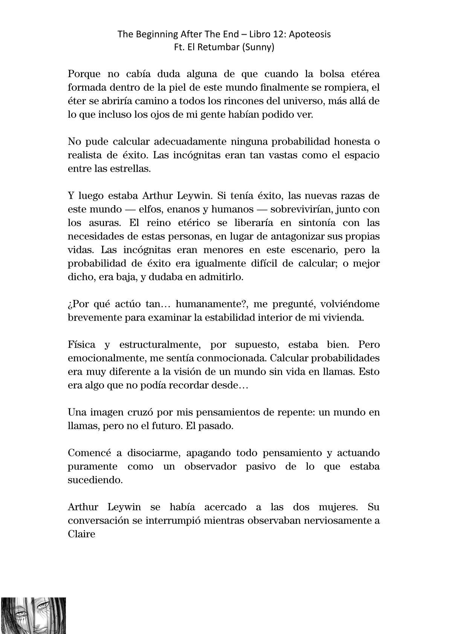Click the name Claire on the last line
click(81, 534)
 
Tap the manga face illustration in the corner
click(33, 616)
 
